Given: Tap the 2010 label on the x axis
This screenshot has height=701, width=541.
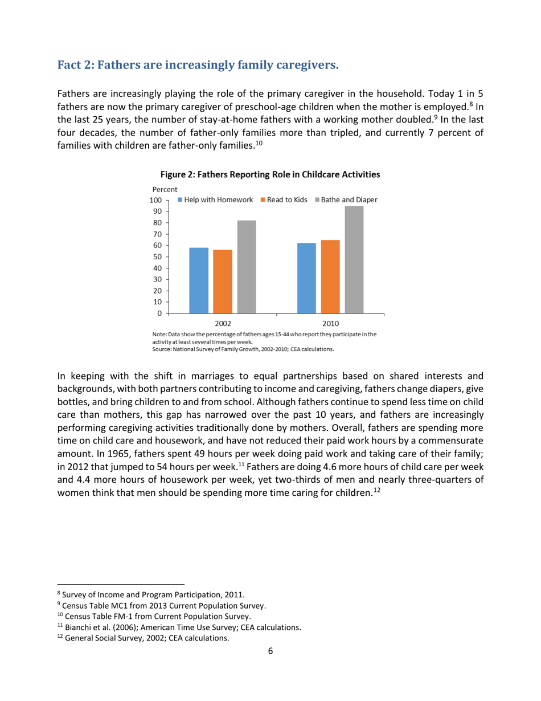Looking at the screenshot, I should pyautogui.click(x=330, y=323).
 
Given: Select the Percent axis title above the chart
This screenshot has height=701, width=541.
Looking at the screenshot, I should pyautogui.click(x=165, y=189).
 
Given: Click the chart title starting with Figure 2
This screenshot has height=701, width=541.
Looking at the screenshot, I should pyautogui.click(x=270, y=173).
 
